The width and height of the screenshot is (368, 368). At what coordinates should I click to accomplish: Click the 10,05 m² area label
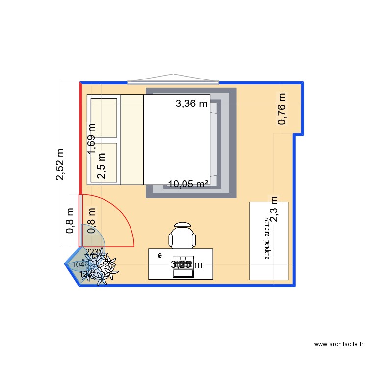pos(188,184)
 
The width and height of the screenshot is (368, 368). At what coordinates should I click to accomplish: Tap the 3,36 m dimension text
pos(192,104)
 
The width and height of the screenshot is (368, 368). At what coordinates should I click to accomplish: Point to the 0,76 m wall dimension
pos(282,108)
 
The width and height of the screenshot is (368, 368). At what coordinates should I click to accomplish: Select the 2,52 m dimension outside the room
pos(60,164)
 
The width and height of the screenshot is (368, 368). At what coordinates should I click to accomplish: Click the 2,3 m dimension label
pos(274,210)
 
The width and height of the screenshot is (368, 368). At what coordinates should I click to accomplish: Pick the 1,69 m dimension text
pos(92,139)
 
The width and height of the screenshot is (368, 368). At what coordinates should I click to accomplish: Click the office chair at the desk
pos(183,236)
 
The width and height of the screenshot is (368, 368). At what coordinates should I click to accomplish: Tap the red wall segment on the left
pos(80,137)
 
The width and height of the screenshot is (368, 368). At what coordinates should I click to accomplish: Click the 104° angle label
pos(78,265)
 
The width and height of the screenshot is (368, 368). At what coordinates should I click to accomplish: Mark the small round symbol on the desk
pos(160,255)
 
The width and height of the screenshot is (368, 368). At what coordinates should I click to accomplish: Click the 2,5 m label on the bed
pos(102,167)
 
